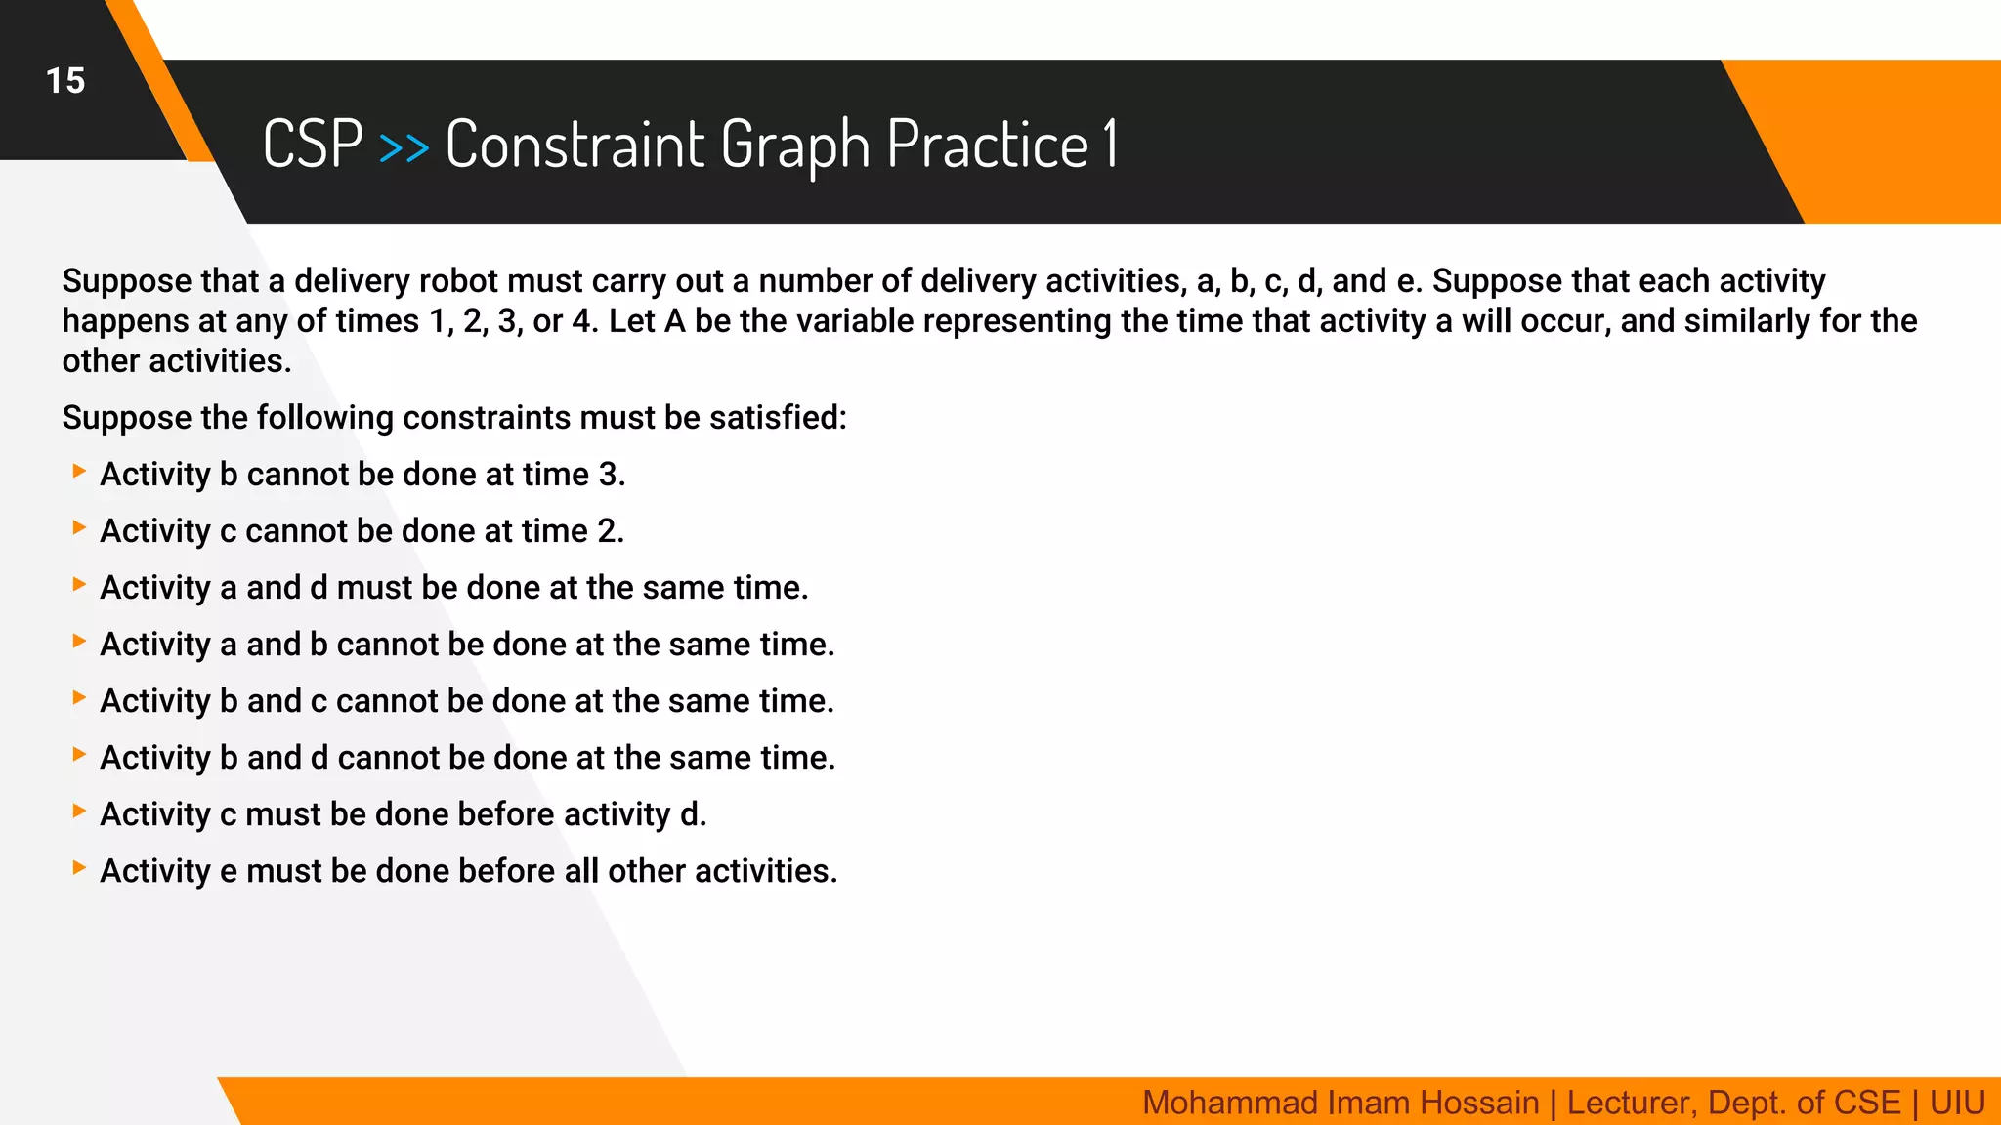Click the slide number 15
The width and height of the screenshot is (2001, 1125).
click(65, 81)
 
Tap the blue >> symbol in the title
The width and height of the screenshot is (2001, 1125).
click(404, 147)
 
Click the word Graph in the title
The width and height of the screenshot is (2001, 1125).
click(795, 145)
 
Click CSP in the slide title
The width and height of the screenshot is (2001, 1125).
click(313, 145)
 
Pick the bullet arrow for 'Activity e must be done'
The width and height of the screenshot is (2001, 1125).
click(79, 868)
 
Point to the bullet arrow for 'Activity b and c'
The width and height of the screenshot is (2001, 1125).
click(79, 698)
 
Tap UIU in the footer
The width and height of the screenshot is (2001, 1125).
click(1957, 1103)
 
